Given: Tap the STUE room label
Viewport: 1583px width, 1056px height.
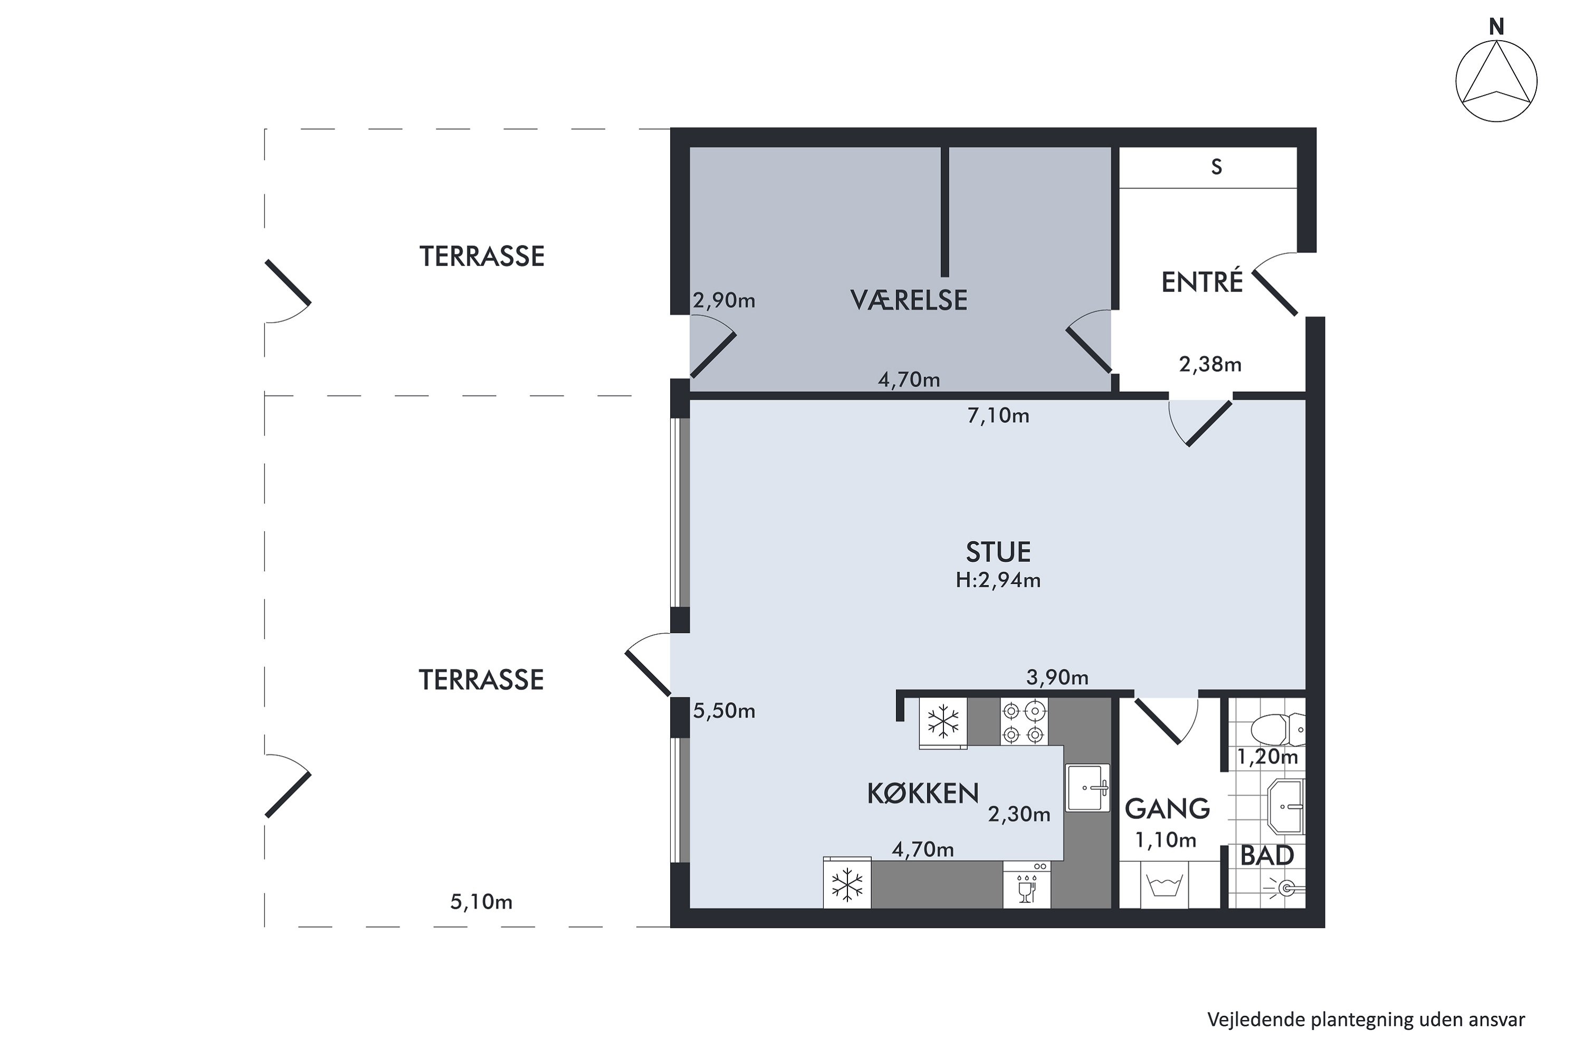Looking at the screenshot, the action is click(998, 552).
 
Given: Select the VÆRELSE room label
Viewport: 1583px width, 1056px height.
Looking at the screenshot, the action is click(909, 300).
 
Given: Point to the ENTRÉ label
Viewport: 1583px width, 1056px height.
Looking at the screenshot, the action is click(1202, 281).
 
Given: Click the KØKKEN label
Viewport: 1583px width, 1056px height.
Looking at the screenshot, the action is click(923, 794).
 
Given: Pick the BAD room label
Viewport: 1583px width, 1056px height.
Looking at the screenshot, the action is click(1267, 856).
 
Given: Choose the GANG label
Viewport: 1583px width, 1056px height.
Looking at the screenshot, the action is click(1168, 809).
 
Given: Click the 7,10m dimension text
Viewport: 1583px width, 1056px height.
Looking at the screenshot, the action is click(998, 416).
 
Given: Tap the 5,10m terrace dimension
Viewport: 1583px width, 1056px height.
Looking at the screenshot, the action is click(481, 902).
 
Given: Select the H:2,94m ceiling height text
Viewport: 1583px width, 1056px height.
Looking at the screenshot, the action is click(998, 580).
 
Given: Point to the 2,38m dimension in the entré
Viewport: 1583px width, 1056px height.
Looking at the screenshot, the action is click(1210, 364).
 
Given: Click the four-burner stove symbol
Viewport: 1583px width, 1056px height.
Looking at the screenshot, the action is click(1024, 721).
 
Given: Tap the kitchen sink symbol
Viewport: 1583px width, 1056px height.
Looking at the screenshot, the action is click(1088, 787).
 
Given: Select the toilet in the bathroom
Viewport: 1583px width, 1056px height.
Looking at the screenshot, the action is click(1277, 729).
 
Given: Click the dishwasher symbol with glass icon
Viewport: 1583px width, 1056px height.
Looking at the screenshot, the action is click(1026, 885).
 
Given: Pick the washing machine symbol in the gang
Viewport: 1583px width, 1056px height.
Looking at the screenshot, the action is click(1165, 885).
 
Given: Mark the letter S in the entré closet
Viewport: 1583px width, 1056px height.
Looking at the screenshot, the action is click(1216, 167).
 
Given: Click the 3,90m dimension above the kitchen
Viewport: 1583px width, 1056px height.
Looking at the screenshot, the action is click(1057, 677).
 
